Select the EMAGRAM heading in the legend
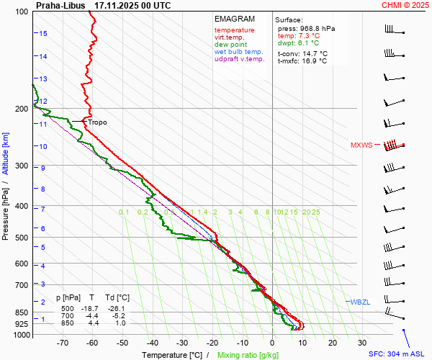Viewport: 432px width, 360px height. (x=235, y=19)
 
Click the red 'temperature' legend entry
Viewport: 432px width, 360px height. (x=235, y=30)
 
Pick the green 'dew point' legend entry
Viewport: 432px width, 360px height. (x=230, y=45)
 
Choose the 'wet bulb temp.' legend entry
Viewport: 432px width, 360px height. (x=239, y=52)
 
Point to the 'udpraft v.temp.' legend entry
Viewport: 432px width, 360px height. (x=240, y=59)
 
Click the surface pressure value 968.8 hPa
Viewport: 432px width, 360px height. (x=316, y=28)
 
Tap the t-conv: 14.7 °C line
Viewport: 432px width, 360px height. (x=302, y=53)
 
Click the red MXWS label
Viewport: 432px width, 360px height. (x=361, y=145)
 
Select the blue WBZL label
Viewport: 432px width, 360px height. (x=359, y=301)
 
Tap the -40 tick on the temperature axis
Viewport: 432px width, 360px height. (x=152, y=343)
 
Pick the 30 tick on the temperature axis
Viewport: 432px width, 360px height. (x=362, y=343)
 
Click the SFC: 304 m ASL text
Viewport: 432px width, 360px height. (x=397, y=354)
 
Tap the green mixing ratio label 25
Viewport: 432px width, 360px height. (x=315, y=212)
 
